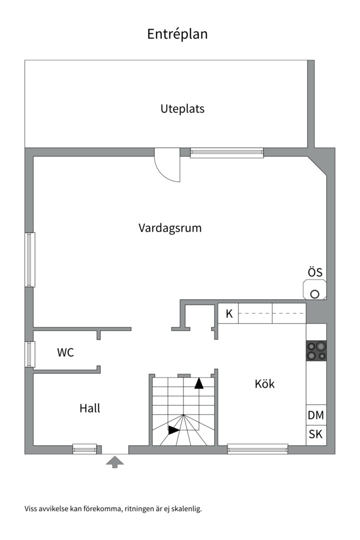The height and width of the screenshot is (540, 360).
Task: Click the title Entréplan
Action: click(177, 34)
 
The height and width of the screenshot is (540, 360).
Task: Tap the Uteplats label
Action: click(182, 108)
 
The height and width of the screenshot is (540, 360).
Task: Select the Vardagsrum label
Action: click(170, 228)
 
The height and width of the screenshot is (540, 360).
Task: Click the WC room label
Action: click(65, 352)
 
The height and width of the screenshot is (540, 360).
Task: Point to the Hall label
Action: click(90, 408)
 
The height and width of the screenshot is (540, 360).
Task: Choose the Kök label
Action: click(265, 384)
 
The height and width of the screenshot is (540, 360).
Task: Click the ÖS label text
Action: click(315, 272)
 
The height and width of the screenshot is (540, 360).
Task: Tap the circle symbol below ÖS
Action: click(314, 294)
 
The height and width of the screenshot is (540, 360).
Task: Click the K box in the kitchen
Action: click(229, 314)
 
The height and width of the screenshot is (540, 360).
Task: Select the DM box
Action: click(315, 415)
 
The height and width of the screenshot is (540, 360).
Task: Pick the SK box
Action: click(315, 434)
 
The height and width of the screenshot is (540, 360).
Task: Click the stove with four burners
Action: click(316, 350)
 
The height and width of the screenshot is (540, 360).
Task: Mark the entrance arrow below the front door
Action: click(115, 461)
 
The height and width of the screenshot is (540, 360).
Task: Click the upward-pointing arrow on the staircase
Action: click(199, 383)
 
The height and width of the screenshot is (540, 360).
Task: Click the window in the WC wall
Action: click(30, 354)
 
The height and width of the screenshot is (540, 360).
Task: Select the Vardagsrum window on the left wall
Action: click(30, 259)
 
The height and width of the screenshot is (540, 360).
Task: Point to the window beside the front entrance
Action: click(84, 449)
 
